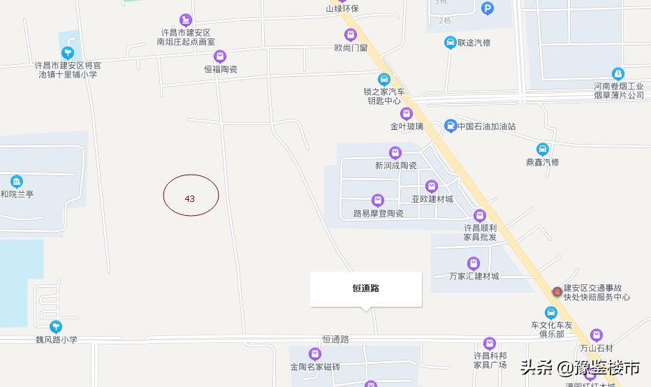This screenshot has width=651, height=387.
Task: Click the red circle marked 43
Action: (191, 195)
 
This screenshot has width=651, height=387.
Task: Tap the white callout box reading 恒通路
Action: (366, 289)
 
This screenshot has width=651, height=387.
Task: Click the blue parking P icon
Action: (488, 8)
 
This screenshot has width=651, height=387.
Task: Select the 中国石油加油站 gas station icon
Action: (451, 126)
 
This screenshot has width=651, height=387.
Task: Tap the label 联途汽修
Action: (474, 43)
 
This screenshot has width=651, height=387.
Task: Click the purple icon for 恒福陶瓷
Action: (220, 57)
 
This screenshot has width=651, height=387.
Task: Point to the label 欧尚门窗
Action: (351, 48)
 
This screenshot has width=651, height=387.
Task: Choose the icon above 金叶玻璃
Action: (407, 114)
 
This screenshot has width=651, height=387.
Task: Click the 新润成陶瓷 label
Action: (395, 166)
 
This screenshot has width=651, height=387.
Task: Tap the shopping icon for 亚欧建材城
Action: (432, 186)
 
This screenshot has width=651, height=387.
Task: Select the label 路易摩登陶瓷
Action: (378, 213)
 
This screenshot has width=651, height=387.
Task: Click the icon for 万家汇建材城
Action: (474, 263)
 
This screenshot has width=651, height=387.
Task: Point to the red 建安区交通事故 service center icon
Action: (557, 291)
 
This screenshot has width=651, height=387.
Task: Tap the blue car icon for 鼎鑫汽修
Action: (543, 149)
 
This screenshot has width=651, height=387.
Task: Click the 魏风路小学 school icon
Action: (56, 326)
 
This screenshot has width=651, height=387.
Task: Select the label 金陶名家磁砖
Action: (315, 367)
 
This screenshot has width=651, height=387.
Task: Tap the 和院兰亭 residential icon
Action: (17, 182)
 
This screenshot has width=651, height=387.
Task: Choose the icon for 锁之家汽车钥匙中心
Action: (383, 80)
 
